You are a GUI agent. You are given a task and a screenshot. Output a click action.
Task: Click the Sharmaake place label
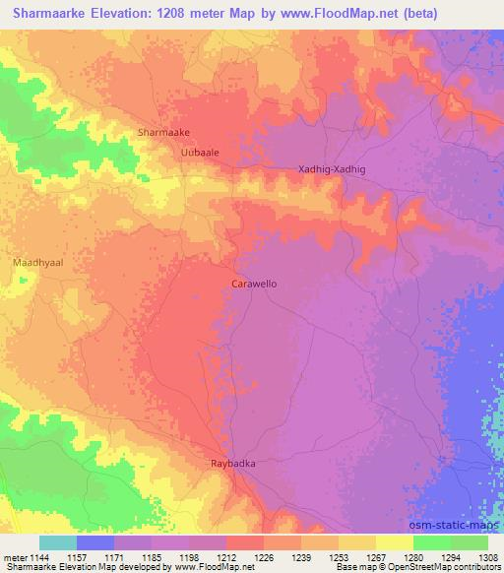pyautogui.click(x=164, y=131)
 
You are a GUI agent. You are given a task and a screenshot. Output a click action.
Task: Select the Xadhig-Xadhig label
pyautogui.click(x=332, y=169)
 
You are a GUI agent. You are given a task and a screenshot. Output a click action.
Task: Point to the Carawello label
pyautogui.click(x=253, y=283)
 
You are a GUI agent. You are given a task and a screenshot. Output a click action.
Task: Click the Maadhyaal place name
pyautogui.click(x=37, y=265)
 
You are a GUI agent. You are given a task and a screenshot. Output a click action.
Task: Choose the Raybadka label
pyautogui.click(x=233, y=462)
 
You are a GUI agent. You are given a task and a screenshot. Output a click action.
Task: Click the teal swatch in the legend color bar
pyautogui.click(x=58, y=542)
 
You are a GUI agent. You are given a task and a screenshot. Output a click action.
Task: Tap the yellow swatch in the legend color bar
pyautogui.click(x=394, y=542)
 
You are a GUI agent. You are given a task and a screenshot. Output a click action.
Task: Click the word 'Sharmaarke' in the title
pyautogui.click(x=46, y=14)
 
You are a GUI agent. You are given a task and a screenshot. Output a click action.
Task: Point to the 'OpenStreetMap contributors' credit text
pyautogui.click(x=445, y=568)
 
